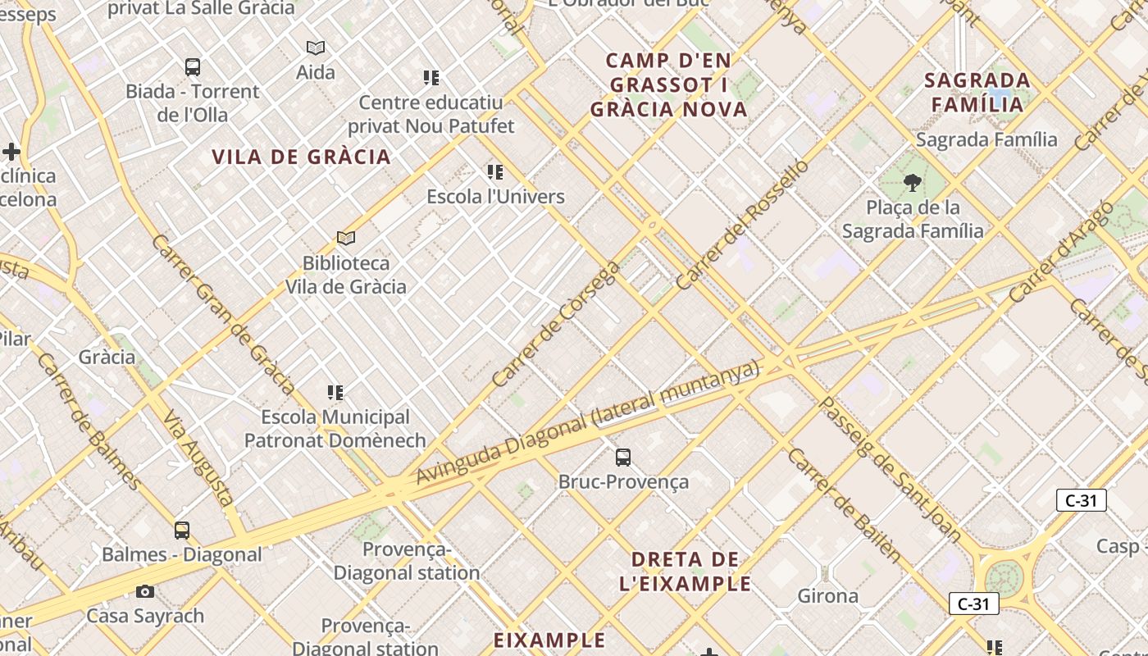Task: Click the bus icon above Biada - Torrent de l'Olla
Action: click(193, 67)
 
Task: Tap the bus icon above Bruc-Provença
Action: click(623, 458)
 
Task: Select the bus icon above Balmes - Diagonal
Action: click(182, 531)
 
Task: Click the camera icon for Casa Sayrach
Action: click(145, 591)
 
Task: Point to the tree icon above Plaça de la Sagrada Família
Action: click(912, 182)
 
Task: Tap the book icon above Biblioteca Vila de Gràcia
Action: click(346, 239)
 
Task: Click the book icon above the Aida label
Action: click(316, 48)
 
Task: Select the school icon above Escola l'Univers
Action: click(495, 172)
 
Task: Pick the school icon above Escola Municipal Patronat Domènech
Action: click(335, 393)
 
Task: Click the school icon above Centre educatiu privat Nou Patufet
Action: click(431, 78)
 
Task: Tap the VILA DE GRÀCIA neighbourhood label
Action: click(301, 157)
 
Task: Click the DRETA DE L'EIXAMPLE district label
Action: click(686, 572)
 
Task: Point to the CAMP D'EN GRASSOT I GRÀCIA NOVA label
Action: click(668, 84)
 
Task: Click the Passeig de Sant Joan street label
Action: click(889, 470)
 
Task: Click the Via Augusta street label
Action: click(198, 457)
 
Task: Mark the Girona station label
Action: click(828, 596)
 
